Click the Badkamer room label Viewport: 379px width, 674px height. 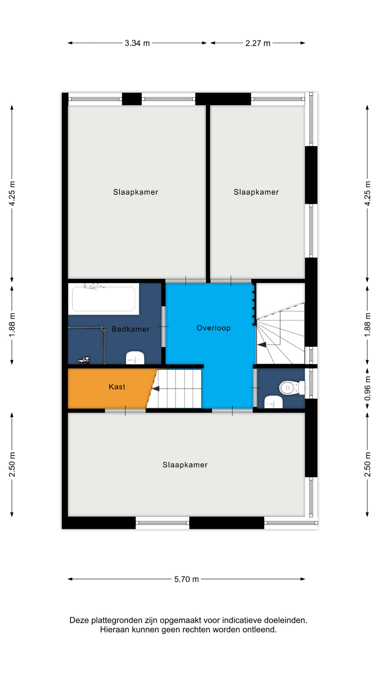131,329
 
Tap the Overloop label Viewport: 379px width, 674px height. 213,328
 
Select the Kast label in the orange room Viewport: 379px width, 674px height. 117,387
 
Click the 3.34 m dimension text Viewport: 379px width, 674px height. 137,43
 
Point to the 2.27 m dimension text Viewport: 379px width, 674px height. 258,43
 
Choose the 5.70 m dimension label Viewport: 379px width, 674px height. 186,579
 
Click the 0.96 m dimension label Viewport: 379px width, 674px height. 367,389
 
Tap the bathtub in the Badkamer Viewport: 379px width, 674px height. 104,299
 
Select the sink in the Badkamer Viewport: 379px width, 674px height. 135,358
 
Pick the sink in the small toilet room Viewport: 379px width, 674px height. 273,402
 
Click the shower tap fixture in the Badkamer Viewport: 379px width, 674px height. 84,360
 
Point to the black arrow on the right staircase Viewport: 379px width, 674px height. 262,345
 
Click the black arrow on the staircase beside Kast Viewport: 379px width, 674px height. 156,389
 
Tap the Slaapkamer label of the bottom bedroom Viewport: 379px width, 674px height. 185,465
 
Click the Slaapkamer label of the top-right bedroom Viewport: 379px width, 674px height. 256,192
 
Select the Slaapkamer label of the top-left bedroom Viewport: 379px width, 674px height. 136,192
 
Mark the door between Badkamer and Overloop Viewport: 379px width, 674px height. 163,327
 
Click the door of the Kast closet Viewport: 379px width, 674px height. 125,411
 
